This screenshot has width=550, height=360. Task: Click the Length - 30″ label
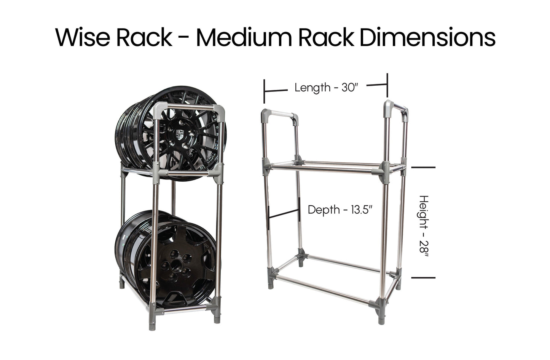click(x=326, y=88)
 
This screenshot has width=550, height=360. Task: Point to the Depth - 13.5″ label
click(x=340, y=210)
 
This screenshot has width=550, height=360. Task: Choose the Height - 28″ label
click(x=424, y=226)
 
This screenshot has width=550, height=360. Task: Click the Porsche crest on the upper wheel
click(x=180, y=134)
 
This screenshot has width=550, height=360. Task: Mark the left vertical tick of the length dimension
click(x=264, y=91)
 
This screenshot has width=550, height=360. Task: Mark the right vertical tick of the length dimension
click(x=387, y=85)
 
